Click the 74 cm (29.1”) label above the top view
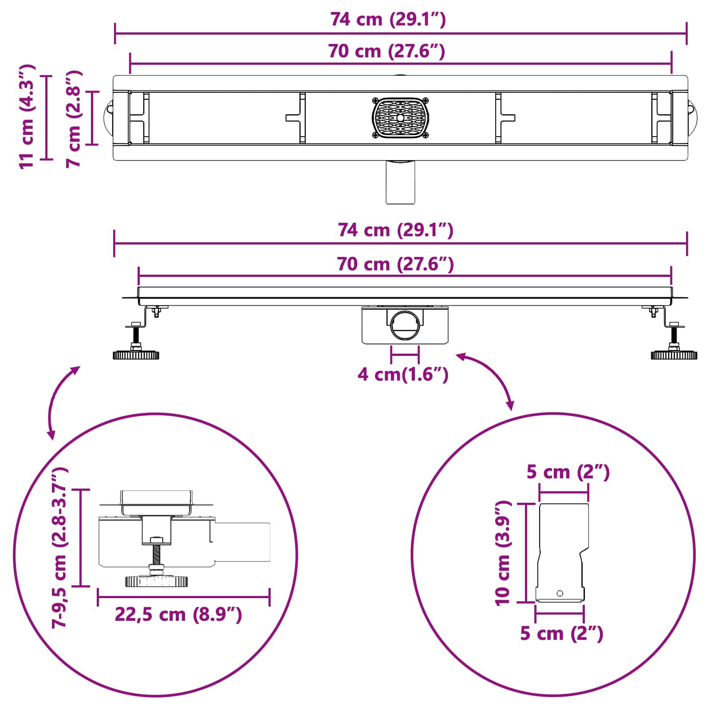click(388, 20)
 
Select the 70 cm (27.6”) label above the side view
click(395, 264)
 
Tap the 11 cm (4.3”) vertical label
click(27, 116)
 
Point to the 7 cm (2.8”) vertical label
click(74, 118)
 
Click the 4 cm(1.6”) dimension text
click(403, 375)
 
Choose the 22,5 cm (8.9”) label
click(178, 615)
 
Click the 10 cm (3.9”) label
click(503, 553)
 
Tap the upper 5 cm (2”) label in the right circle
click(568, 472)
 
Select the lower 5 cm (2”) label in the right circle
click(562, 634)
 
